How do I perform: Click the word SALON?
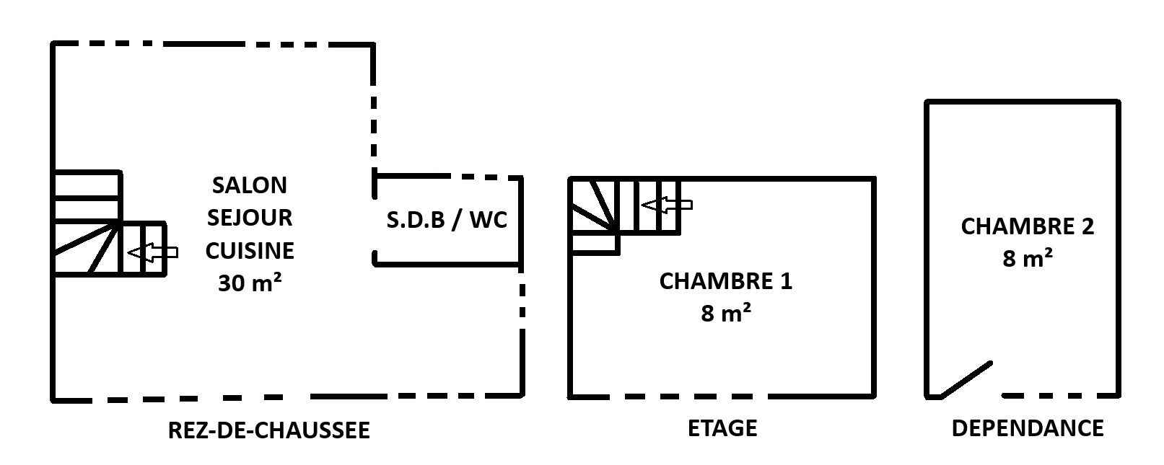(x=250, y=185)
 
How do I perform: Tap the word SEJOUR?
(x=250, y=218)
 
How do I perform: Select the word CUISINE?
(x=250, y=251)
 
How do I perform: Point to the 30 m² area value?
(x=250, y=283)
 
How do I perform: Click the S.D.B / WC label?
(x=447, y=220)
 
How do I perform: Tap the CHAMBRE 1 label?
(x=725, y=281)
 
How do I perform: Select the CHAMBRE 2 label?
(x=1027, y=226)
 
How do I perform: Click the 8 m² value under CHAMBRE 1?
(x=725, y=314)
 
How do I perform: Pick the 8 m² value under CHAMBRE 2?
(x=1027, y=258)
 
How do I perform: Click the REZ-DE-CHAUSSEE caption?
(x=268, y=430)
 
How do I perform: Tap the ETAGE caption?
(x=722, y=428)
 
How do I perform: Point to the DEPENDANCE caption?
(x=1027, y=428)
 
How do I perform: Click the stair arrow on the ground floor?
(x=153, y=252)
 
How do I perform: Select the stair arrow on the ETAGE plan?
(x=667, y=205)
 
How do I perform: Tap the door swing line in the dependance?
(x=967, y=379)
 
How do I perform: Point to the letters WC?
(x=489, y=220)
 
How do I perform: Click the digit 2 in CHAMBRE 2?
(x=1087, y=226)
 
